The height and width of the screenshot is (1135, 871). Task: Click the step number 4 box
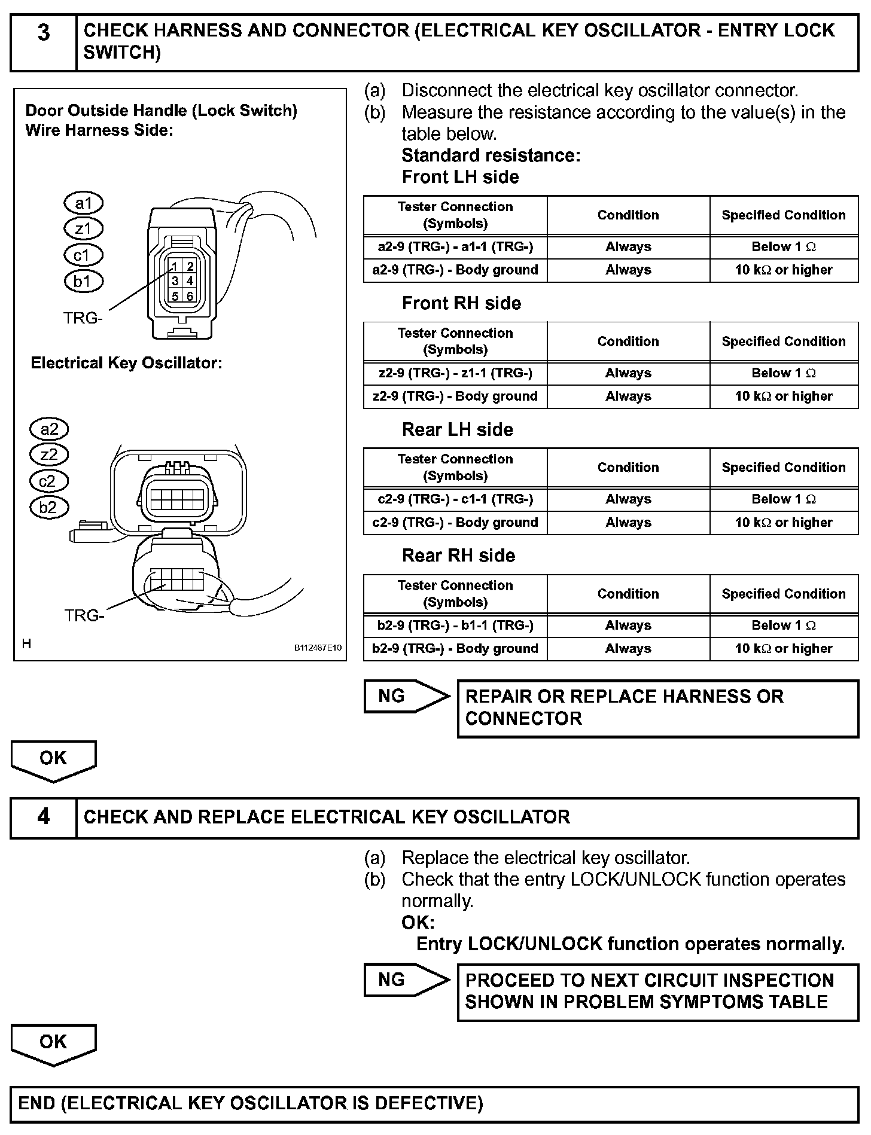click(x=43, y=817)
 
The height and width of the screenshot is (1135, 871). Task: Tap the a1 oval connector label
click(x=83, y=203)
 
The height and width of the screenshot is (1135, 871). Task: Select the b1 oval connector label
click(x=83, y=281)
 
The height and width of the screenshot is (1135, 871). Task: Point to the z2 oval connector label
click(x=49, y=455)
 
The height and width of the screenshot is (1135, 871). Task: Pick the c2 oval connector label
click(x=49, y=481)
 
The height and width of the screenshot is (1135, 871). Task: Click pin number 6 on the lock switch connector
click(x=190, y=296)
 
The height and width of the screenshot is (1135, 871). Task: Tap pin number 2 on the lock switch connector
click(x=190, y=266)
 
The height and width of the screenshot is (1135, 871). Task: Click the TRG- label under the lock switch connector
click(x=83, y=318)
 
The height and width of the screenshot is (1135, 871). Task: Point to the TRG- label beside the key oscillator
click(x=84, y=615)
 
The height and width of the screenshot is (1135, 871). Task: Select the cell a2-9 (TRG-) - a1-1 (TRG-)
click(x=455, y=246)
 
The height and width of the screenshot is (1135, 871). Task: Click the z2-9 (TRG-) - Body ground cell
click(x=455, y=396)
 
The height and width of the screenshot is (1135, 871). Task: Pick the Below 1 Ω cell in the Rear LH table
click(x=784, y=499)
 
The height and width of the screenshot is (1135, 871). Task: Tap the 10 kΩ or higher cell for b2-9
click(x=784, y=648)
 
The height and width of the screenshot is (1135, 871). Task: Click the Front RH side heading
click(x=461, y=303)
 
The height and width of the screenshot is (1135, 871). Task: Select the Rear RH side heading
click(x=458, y=556)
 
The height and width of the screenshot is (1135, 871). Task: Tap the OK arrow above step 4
click(x=53, y=759)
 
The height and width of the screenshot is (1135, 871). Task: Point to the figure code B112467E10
click(x=318, y=648)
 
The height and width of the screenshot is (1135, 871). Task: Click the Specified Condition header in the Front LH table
click(x=784, y=215)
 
